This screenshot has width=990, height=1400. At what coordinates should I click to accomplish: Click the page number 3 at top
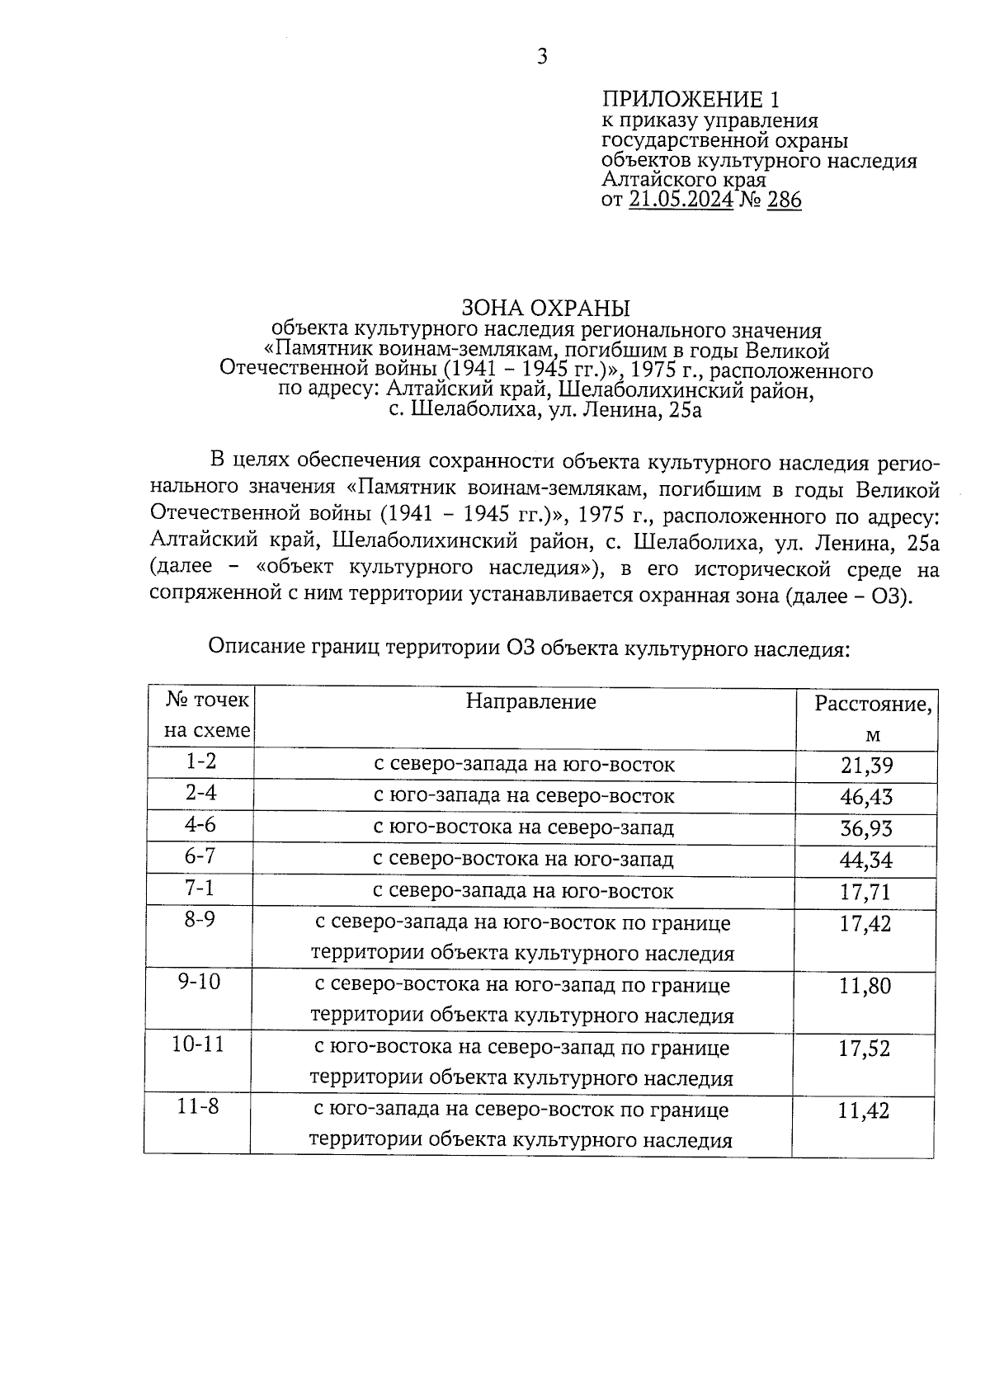pos(542,57)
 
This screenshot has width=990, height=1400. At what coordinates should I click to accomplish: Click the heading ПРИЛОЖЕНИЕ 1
pos(691,101)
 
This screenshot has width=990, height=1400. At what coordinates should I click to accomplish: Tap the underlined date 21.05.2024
pos(681,200)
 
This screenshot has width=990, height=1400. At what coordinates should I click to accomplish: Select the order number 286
pos(784,200)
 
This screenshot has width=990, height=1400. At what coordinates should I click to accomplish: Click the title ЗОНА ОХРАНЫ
pos(545,309)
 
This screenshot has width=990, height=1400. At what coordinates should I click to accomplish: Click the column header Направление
pos(530,702)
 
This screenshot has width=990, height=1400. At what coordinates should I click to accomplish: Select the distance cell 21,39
pos(866,766)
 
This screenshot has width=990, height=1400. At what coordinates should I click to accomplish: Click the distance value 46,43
pos(866,797)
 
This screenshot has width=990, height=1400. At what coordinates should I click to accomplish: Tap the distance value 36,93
pos(866,828)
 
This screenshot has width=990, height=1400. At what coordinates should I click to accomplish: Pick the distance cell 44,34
pos(866,860)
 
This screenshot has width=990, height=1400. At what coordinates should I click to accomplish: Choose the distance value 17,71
pos(866,892)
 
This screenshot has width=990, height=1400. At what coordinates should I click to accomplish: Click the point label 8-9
pos(200,920)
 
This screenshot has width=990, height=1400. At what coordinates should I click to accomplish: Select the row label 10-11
pos(198,1044)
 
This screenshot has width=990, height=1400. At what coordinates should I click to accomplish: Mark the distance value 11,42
pos(864,1111)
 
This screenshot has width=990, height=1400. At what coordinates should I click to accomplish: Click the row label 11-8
pos(198,1107)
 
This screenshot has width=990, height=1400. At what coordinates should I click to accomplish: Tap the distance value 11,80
pos(865,986)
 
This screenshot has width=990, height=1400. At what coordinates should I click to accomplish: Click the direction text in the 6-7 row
pos(523,860)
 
